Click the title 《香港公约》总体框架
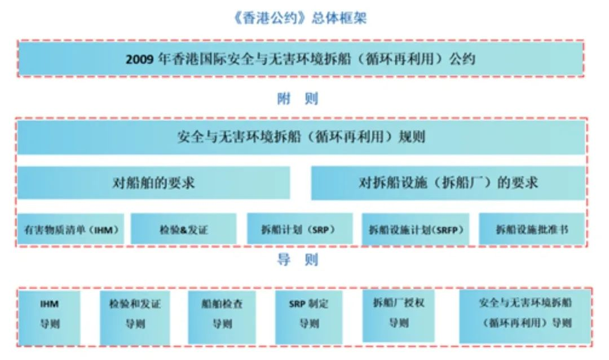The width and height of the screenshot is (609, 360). click(299, 18)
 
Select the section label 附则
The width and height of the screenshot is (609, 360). click(298, 99)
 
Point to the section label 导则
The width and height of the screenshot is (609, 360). click(298, 260)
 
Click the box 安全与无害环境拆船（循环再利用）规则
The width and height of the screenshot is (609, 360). click(301, 138)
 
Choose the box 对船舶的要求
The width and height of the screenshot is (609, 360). click(154, 183)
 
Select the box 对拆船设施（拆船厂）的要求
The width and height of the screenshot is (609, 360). click(448, 183)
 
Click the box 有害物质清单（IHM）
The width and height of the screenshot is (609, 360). click(70, 230)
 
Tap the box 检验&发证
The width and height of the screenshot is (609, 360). click(183, 230)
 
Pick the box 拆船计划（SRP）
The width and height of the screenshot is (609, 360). click(300, 229)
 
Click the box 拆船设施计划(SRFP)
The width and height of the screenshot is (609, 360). click(416, 230)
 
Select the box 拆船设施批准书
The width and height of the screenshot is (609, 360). click(532, 229)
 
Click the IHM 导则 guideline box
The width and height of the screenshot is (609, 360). click(49, 318)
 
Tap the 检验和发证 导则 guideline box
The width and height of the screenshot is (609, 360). click(135, 318)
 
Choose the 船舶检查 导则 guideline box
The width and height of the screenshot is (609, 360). click(222, 318)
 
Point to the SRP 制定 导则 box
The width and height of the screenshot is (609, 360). click(309, 318)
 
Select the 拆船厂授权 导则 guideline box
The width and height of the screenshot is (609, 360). click(399, 316)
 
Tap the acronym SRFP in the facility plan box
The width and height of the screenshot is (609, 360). click(447, 230)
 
